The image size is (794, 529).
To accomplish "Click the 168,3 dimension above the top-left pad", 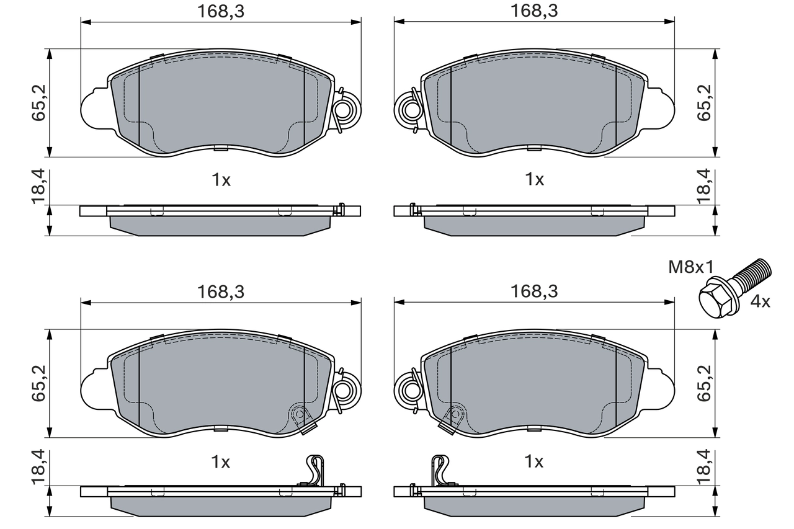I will click(220, 11).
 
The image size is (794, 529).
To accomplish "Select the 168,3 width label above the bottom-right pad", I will click(534, 291).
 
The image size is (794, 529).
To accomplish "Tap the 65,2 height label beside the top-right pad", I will click(703, 102).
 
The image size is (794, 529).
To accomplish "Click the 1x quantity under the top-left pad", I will click(221, 180).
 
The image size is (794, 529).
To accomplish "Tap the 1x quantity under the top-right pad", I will click(534, 180).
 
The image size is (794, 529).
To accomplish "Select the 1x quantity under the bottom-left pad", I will click(221, 462).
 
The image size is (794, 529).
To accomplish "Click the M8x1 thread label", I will click(691, 268).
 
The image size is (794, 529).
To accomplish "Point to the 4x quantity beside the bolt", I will click(760, 302).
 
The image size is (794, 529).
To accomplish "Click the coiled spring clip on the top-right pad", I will click(410, 110).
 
